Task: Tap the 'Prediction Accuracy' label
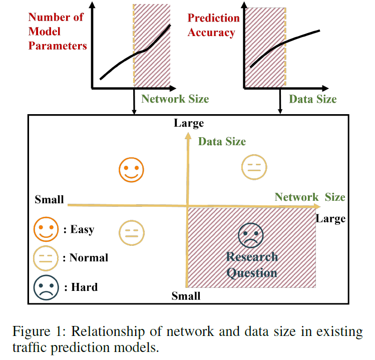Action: pos(213,26)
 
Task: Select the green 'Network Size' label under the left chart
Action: pos(175,99)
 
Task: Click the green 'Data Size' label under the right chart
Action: pos(312,99)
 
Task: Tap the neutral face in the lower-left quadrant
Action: pos(132,233)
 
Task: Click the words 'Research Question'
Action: pos(252,265)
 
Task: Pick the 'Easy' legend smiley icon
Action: pos(46,230)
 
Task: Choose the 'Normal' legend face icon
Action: pos(46,258)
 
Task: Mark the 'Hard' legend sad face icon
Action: pos(46,287)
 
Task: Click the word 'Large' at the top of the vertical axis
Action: pos(189,123)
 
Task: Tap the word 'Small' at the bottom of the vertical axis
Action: pos(186,296)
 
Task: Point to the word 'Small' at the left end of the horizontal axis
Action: pos(49,200)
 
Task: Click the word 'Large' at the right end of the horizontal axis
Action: pos(330,219)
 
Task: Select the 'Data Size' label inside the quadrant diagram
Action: pos(222,142)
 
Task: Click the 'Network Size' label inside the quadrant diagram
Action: pos(310,197)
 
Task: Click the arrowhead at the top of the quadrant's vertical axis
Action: pos(188,135)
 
